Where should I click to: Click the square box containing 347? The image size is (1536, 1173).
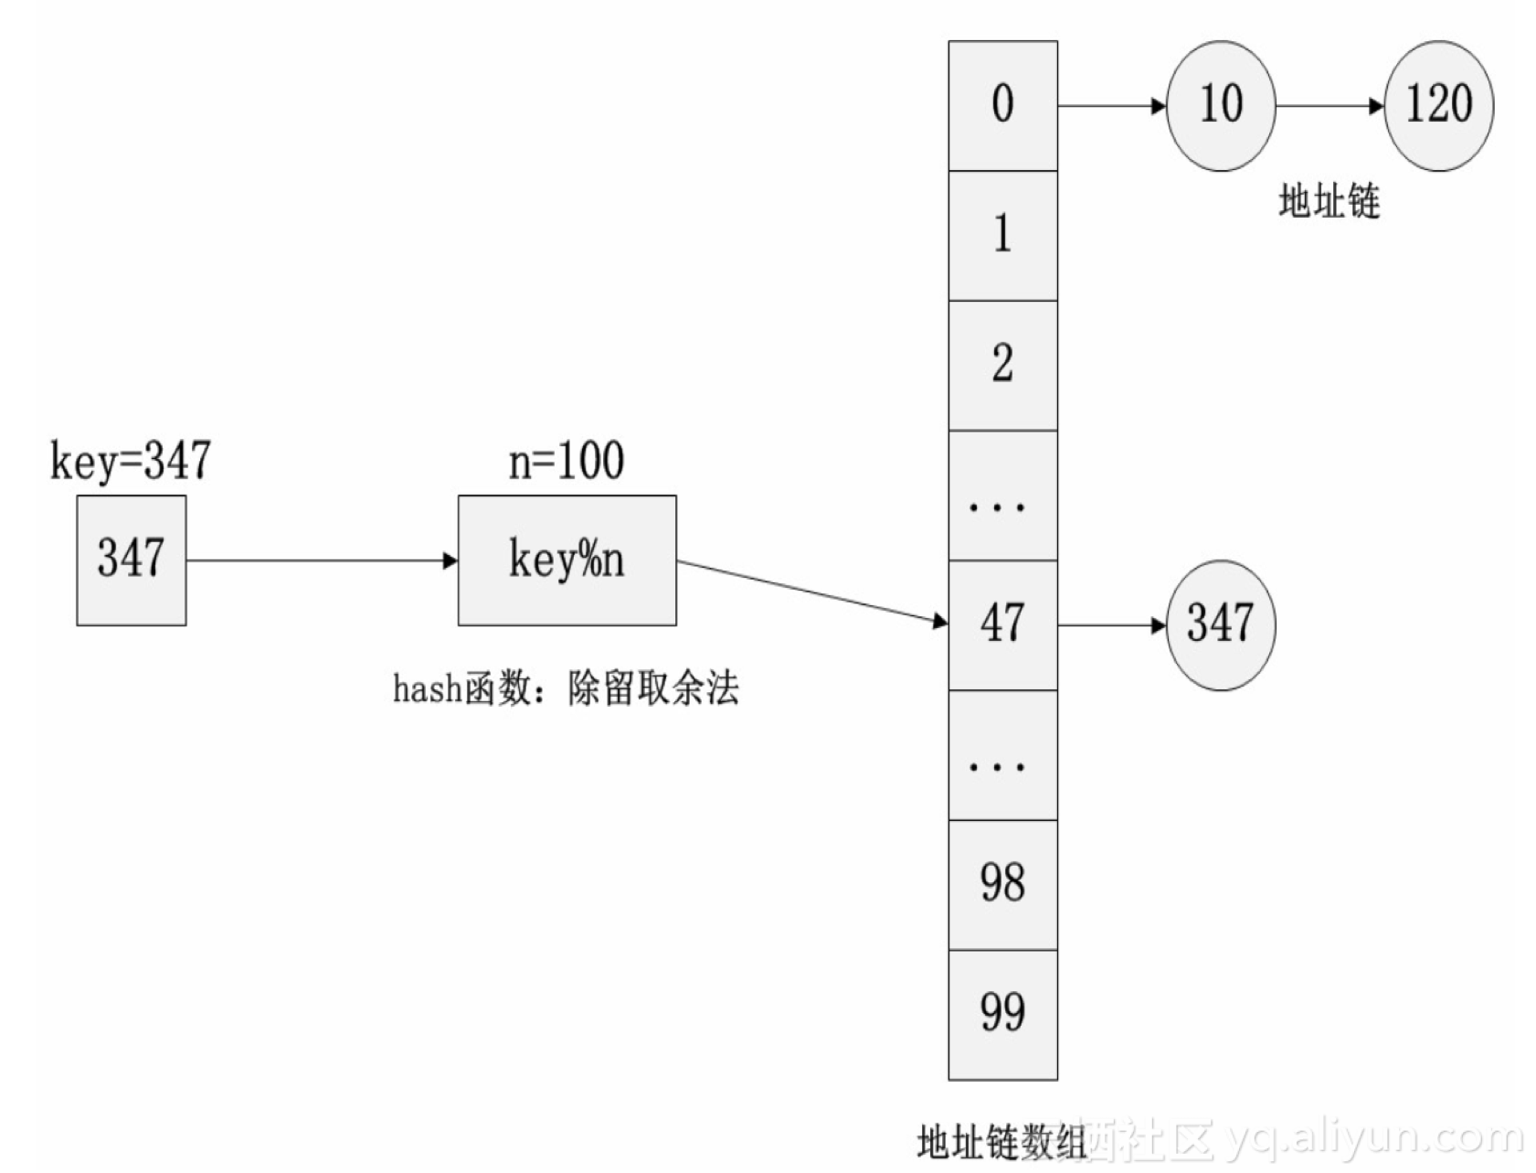(131, 560)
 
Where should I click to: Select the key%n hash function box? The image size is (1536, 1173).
(567, 560)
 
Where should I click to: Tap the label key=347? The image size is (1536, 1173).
(130, 460)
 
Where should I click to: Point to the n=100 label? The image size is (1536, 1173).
(567, 460)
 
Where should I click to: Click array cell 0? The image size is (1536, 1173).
(1002, 105)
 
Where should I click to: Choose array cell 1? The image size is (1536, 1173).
(1002, 235)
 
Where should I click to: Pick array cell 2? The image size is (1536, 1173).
(1002, 365)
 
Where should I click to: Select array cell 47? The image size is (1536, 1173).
(1002, 624)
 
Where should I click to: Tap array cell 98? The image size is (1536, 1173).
(1002, 884)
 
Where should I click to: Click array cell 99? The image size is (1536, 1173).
(1002, 1014)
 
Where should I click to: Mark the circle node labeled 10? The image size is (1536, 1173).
(1220, 105)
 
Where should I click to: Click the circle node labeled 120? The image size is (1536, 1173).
(1438, 105)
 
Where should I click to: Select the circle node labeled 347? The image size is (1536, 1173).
(1220, 624)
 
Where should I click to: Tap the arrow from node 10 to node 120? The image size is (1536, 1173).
(1329, 106)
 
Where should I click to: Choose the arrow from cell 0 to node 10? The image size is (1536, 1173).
(1111, 106)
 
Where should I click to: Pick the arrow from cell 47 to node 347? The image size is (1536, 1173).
(1111, 625)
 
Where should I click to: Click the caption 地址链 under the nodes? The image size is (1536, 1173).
(1329, 201)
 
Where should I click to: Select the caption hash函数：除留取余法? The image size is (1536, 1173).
(566, 688)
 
